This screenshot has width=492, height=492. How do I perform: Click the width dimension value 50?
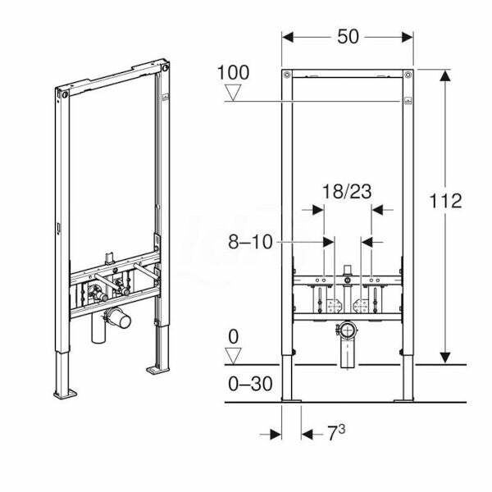click(x=348, y=38)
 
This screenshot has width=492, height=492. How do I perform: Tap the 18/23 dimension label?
click(x=346, y=191)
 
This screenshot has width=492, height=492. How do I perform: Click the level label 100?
click(x=233, y=72)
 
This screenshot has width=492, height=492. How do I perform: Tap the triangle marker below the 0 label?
click(x=234, y=355)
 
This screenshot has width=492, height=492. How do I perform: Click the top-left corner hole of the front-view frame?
click(x=286, y=76)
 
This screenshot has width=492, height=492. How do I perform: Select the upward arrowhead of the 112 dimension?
click(x=445, y=75)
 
